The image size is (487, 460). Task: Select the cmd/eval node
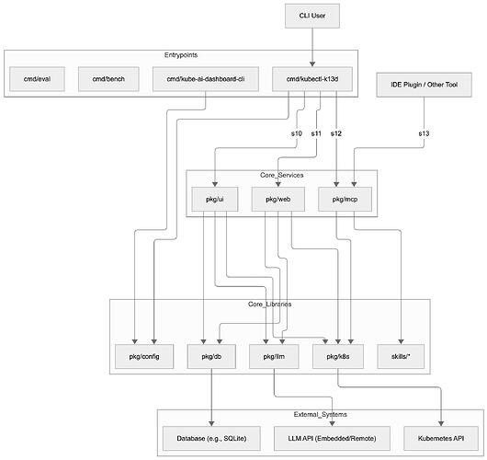(38, 81)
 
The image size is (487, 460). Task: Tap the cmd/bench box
(108, 81)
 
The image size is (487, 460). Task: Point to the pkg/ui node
(214, 198)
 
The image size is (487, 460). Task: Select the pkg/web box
(277, 198)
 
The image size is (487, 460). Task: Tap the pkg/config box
(141, 354)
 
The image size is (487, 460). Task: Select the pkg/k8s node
(338, 354)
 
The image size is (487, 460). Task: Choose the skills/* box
(402, 354)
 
